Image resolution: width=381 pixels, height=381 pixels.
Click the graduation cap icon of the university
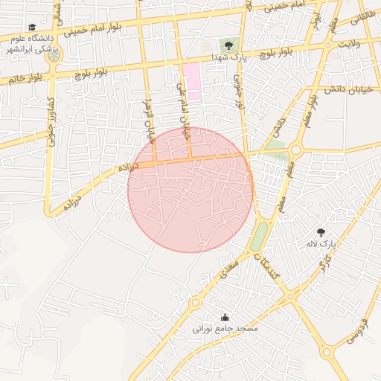point(32,28)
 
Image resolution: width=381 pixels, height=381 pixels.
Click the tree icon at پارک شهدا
point(228,46)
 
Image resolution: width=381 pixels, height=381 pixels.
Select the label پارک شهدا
point(228,57)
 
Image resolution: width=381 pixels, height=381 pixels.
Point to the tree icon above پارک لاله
point(321,233)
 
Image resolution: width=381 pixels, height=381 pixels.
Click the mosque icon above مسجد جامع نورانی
point(225,317)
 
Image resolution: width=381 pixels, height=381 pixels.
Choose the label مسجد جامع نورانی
point(225,328)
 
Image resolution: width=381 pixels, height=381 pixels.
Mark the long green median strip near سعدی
point(259,237)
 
